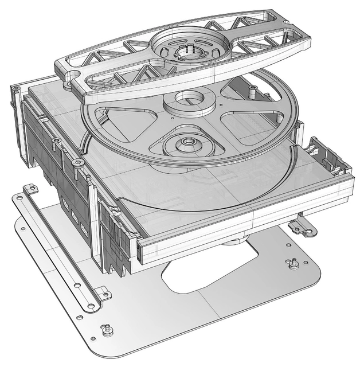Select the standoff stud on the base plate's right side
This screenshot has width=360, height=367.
point(292,263)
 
